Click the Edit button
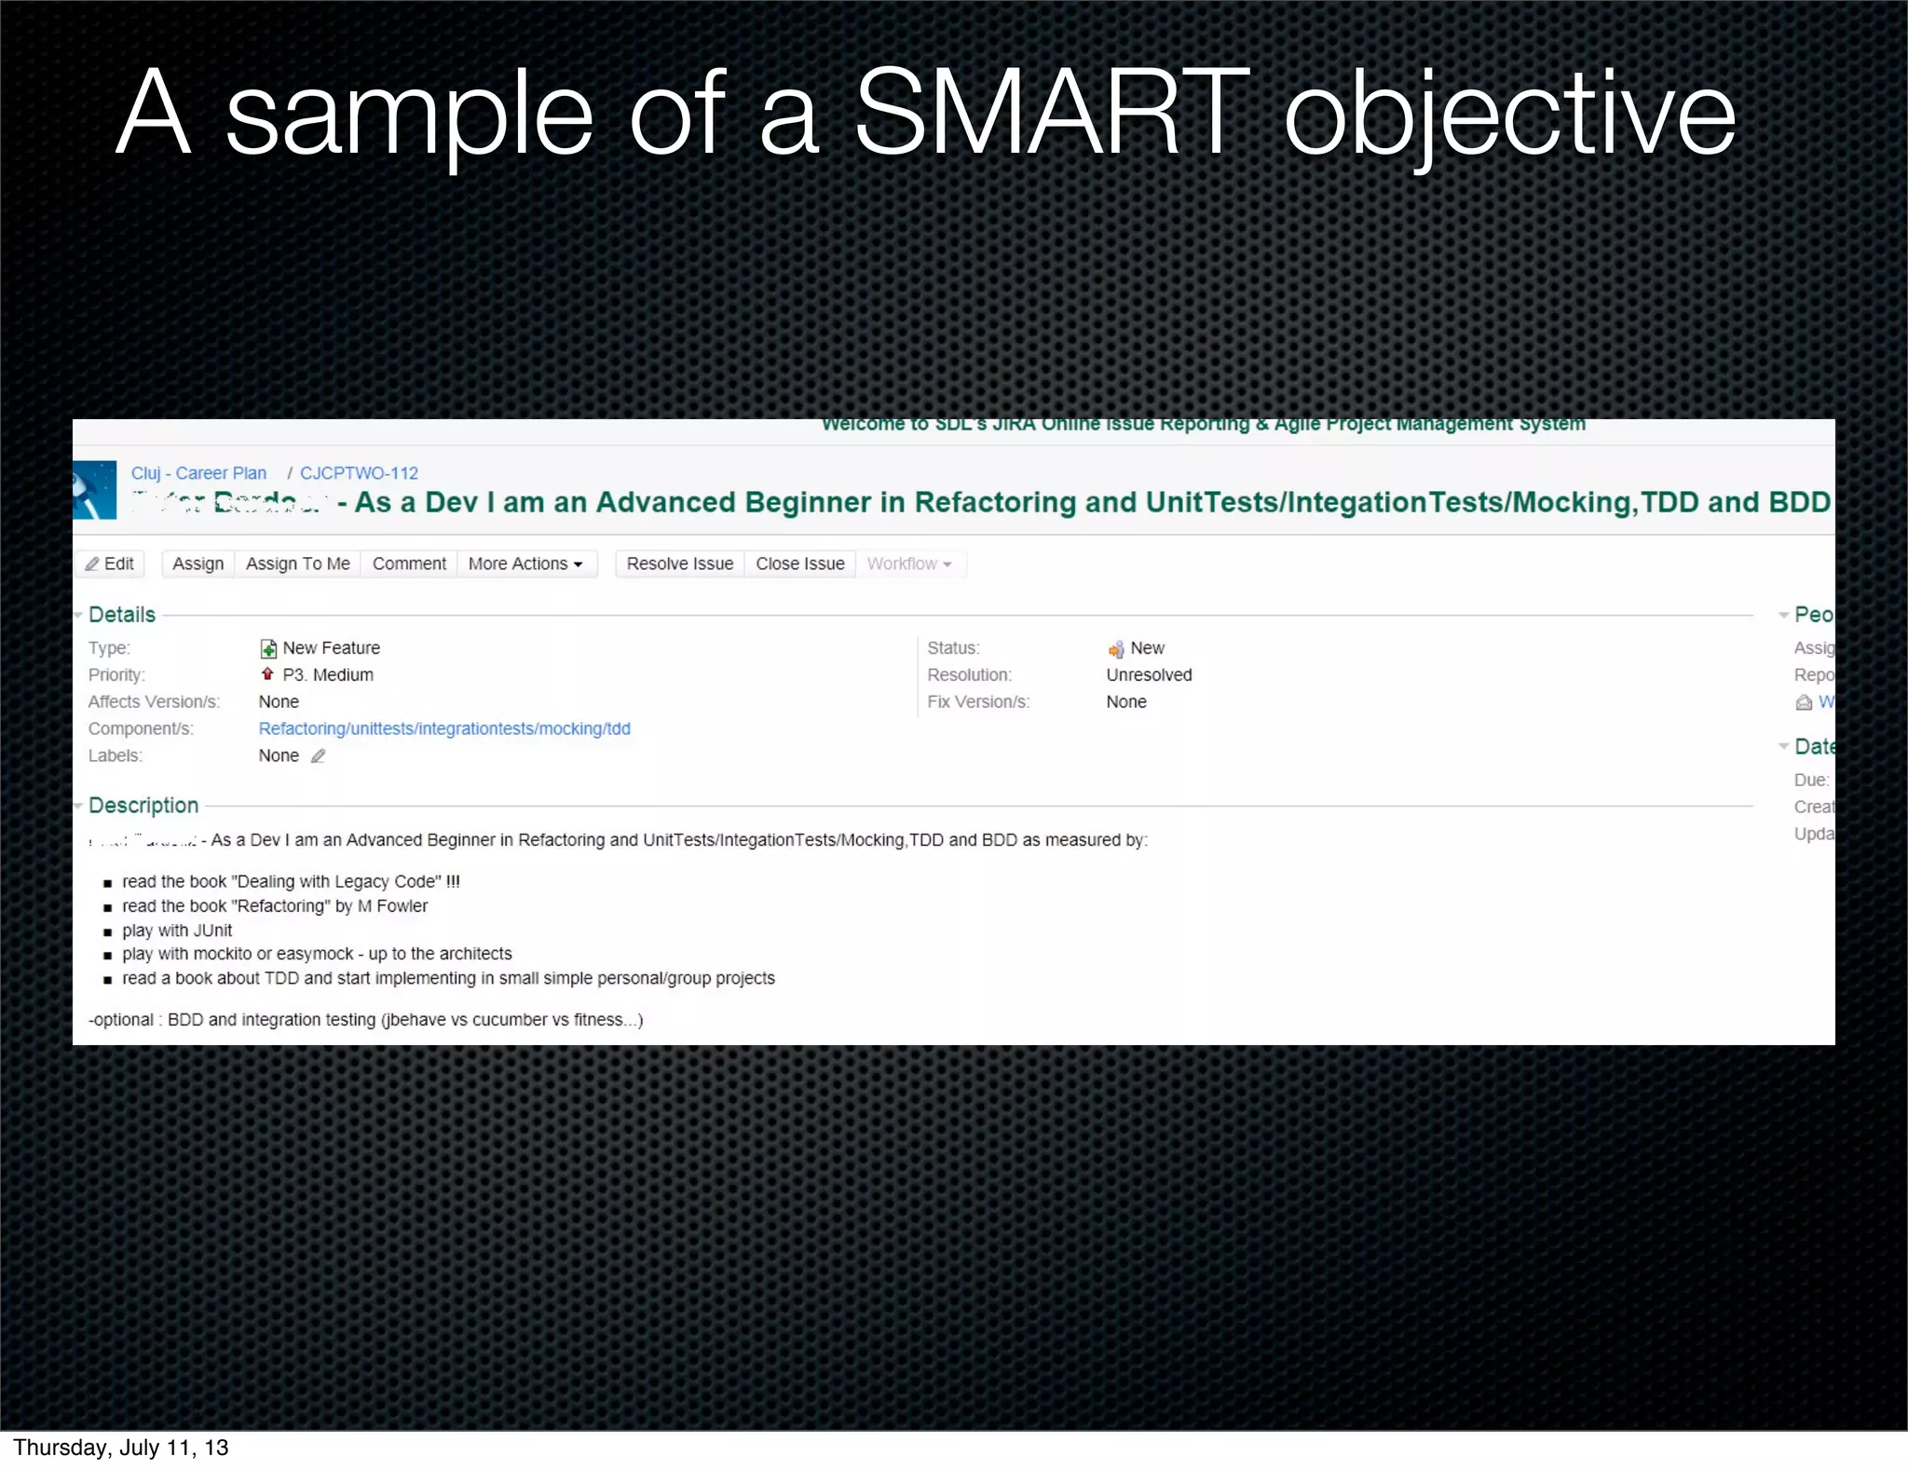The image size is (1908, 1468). point(110,564)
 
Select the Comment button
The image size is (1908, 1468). point(409,564)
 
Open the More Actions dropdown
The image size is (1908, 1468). point(525,564)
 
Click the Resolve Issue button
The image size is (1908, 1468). point(679,564)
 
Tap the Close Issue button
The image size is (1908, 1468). point(799,564)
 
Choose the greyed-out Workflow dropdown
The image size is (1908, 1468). point(909,564)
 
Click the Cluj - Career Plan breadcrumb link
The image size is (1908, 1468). point(198,473)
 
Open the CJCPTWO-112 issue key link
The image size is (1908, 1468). point(359,473)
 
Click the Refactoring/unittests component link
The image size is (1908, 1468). point(444,728)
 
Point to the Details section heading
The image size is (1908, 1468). point(122,615)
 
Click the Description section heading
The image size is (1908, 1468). point(143,806)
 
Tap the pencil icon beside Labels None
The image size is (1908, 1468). point(318,756)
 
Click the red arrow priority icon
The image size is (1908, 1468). point(267,674)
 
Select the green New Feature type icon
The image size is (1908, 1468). point(268,648)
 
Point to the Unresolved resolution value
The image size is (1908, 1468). point(1149,674)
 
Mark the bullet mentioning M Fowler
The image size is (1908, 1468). point(275,906)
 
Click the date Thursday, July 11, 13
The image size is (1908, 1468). point(121,1448)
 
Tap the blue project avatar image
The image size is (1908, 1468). point(94,490)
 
